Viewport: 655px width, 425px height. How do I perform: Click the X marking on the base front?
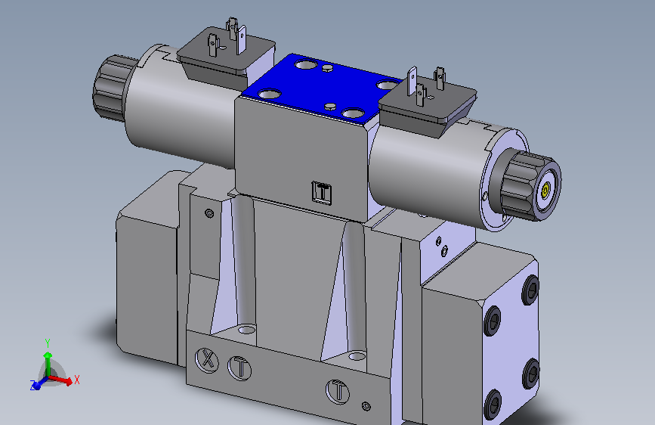pyautogui.click(x=207, y=359)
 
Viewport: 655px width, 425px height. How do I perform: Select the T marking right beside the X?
pyautogui.click(x=239, y=368)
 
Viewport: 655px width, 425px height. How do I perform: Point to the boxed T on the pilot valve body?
pyautogui.click(x=323, y=192)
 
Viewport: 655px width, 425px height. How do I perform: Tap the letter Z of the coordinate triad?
pyautogui.click(x=33, y=386)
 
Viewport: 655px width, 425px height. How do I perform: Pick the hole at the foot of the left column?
pyautogui.click(x=246, y=330)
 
